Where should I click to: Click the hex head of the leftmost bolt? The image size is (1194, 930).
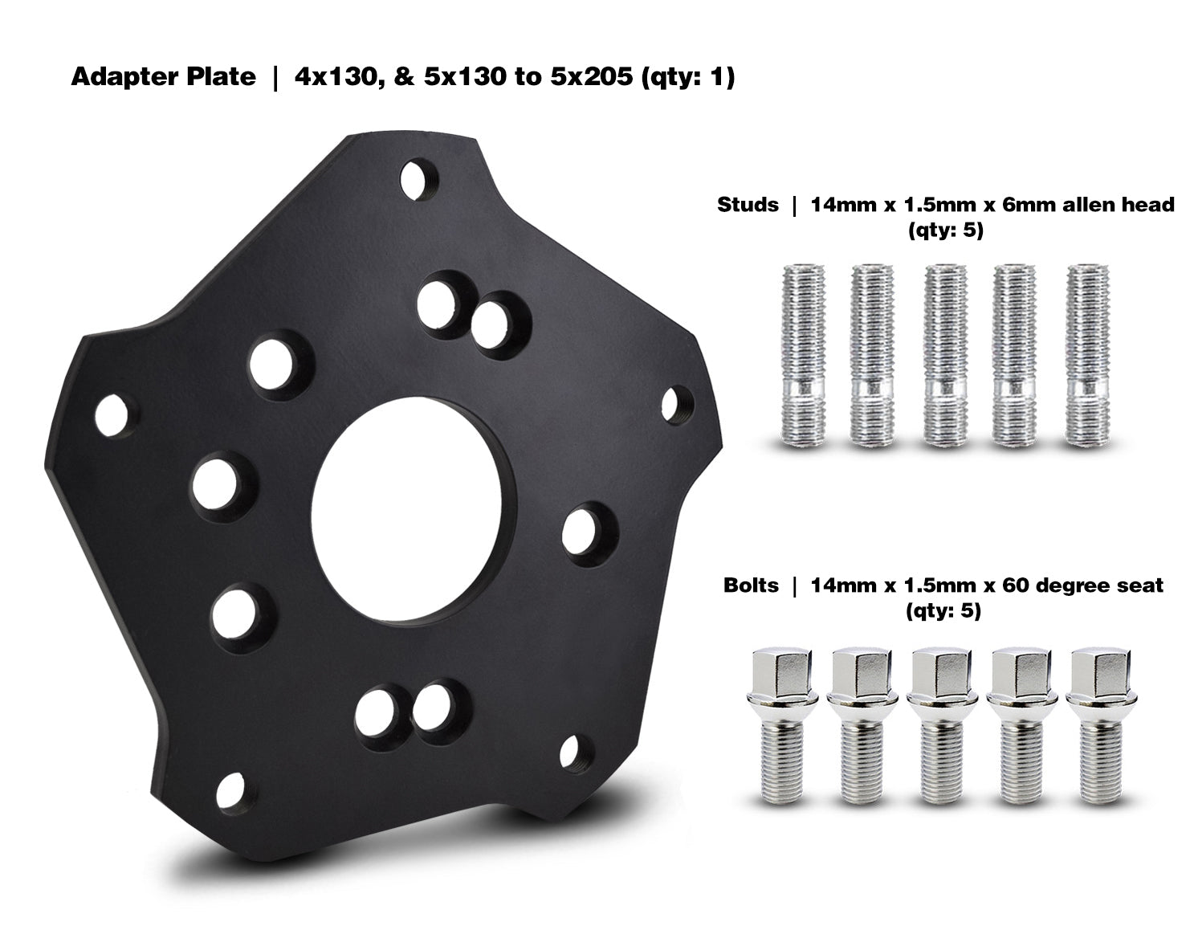[x=774, y=675]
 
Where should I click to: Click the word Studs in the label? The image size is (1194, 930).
[x=748, y=205]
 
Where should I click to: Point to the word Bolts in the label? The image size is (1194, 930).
[x=751, y=585]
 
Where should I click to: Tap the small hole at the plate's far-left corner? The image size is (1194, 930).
[x=111, y=414]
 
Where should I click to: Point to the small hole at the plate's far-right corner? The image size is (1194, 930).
[x=680, y=402]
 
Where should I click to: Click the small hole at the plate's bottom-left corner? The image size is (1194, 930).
[x=232, y=791]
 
